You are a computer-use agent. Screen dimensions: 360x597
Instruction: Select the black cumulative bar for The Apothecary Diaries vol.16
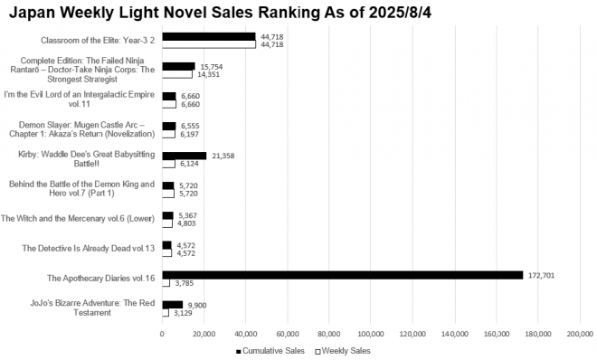342,274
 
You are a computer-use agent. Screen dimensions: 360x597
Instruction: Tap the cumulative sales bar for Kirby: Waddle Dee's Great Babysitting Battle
185,156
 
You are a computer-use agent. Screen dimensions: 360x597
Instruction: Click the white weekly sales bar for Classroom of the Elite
208,44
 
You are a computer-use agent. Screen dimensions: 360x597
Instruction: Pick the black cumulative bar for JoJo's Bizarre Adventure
172,305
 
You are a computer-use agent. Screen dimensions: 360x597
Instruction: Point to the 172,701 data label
540,274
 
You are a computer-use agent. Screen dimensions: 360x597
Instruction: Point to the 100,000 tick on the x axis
371,334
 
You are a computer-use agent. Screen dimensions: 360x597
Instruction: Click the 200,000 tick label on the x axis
579,334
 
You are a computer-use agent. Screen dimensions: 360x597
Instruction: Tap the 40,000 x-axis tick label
245,334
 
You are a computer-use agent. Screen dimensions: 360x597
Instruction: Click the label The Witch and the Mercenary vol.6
78,218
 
